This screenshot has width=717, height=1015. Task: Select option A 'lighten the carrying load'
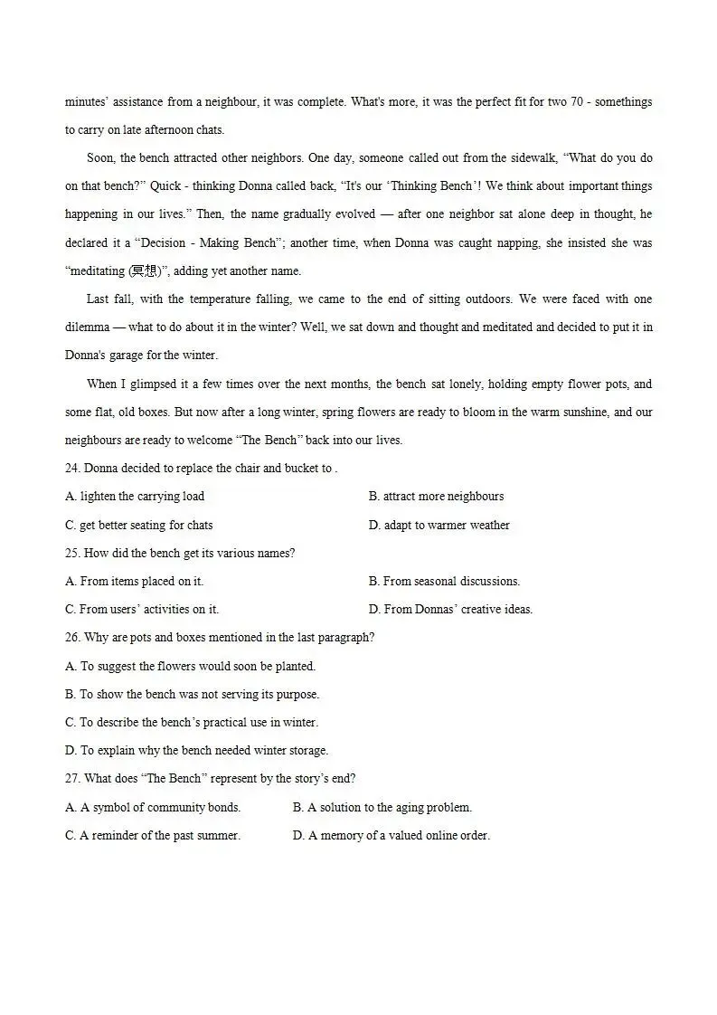pos(135,497)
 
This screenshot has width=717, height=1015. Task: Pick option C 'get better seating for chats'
pos(139,526)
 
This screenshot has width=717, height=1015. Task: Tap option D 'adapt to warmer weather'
pos(439,526)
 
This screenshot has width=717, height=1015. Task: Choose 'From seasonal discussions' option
pos(444,582)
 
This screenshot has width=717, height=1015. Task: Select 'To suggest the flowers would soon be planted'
pos(191,667)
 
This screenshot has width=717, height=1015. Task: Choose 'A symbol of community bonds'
pos(153,808)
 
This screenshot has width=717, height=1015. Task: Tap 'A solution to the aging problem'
pos(382,808)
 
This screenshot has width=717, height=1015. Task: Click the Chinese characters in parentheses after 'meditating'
pos(144,270)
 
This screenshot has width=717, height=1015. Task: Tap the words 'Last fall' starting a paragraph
pos(110,299)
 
